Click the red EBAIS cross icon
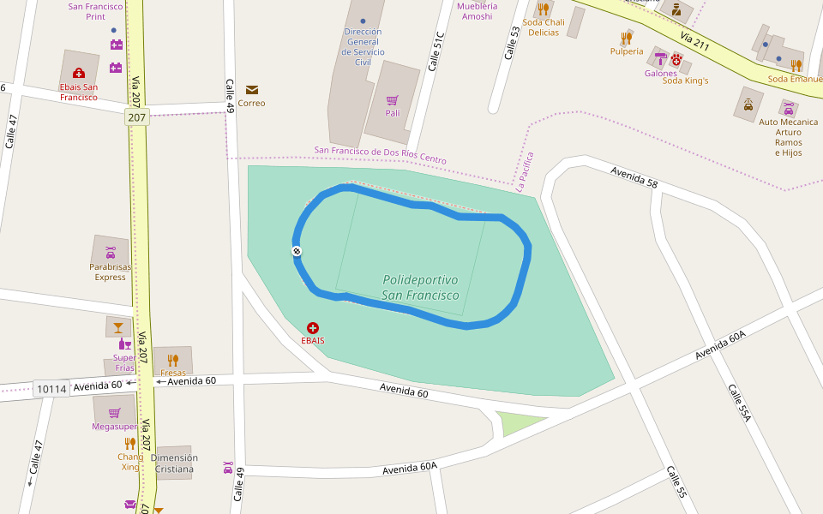313,328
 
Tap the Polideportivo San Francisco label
420,288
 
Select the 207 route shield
136,117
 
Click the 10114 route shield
51,389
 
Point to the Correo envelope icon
252,90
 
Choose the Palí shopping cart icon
393,100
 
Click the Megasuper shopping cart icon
114,412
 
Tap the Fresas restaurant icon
172,360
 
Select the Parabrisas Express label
111,272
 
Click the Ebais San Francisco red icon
79,74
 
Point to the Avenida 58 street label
634,177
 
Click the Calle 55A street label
739,403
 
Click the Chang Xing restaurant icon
130,443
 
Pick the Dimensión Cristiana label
174,463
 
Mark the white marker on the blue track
297,251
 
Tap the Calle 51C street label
436,52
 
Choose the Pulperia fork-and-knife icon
627,38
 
